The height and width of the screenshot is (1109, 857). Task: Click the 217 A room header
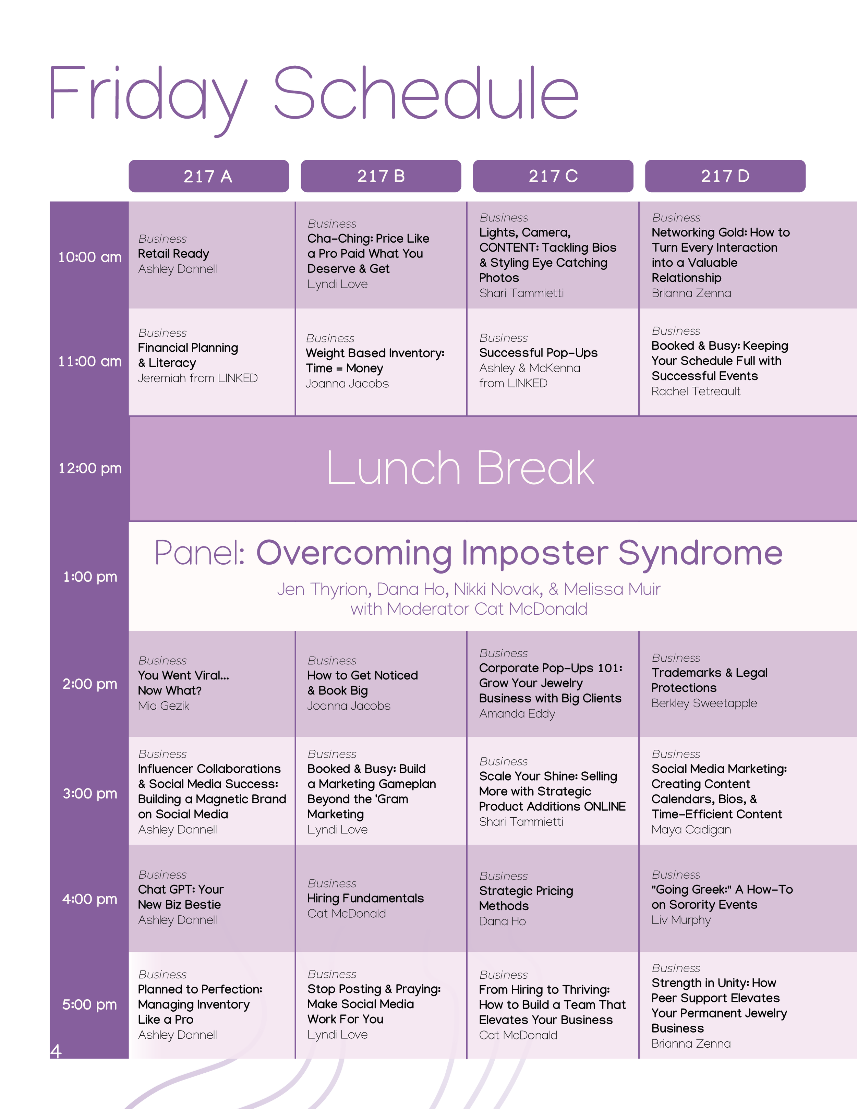pyautogui.click(x=208, y=176)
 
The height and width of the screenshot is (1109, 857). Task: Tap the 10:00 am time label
pyautogui.click(x=89, y=257)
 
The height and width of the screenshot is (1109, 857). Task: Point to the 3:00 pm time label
pyautogui.click(x=89, y=793)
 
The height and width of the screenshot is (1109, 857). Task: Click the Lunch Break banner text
pyautogui.click(x=460, y=468)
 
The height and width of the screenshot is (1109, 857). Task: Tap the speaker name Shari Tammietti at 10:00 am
pyautogui.click(x=521, y=293)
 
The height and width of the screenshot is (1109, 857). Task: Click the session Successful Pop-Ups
pyautogui.click(x=538, y=353)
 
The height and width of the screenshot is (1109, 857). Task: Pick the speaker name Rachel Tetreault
pyautogui.click(x=696, y=391)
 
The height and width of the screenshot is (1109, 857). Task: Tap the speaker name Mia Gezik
pyautogui.click(x=164, y=706)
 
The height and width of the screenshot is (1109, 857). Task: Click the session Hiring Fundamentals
pyautogui.click(x=365, y=898)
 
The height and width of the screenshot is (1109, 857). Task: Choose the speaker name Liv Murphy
pyautogui.click(x=681, y=920)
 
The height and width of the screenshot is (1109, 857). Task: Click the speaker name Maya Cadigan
pyautogui.click(x=691, y=829)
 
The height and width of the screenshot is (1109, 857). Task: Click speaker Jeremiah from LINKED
pyautogui.click(x=197, y=378)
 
